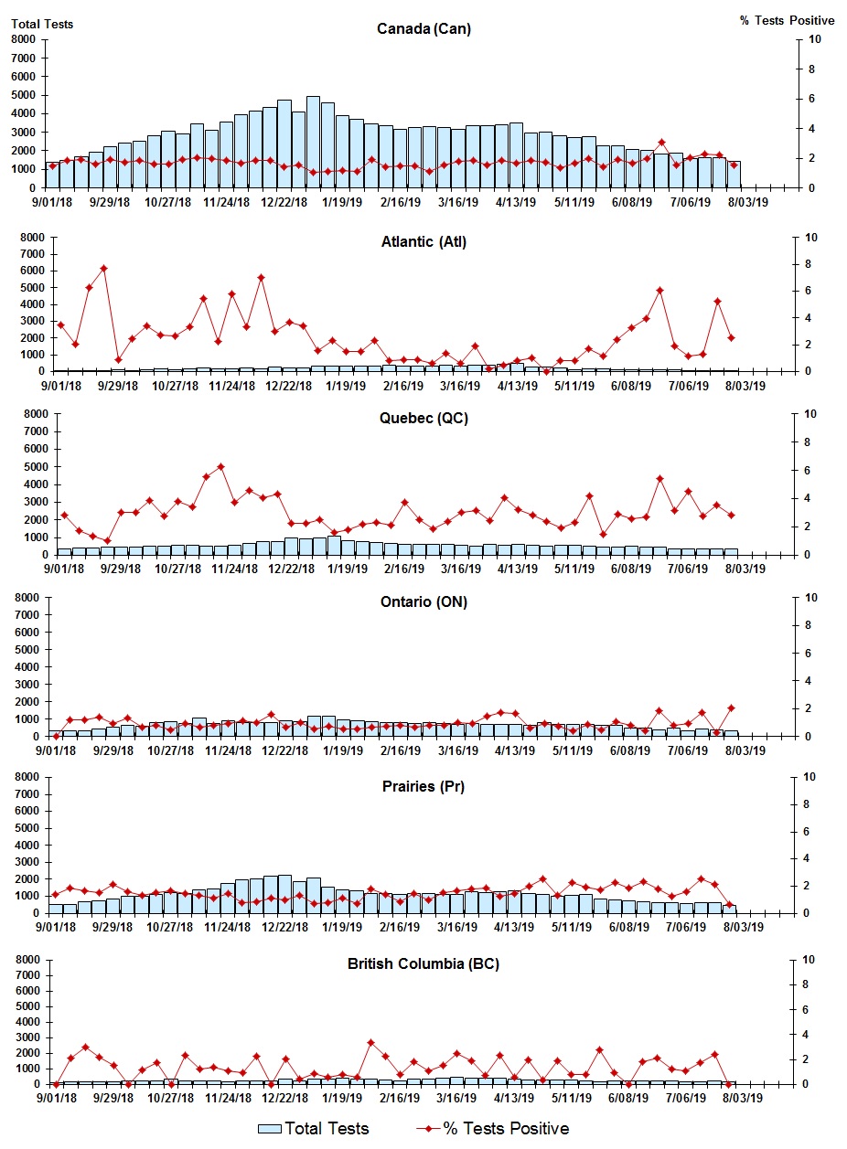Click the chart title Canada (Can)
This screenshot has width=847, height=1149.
tap(423, 28)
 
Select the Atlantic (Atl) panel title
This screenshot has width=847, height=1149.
tap(423, 242)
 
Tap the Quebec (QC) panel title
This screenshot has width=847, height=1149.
tap(423, 419)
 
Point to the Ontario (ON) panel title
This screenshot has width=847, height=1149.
tap(423, 602)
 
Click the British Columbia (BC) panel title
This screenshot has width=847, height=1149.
tap(423, 963)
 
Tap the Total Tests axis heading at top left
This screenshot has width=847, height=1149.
tap(42, 24)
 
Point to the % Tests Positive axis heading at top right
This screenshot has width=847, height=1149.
tap(787, 20)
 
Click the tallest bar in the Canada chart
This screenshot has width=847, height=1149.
tap(313, 142)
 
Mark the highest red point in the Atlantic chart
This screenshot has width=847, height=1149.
tap(103, 269)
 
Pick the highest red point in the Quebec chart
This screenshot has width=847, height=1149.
tap(220, 466)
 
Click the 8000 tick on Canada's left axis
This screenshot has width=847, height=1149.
tap(24, 39)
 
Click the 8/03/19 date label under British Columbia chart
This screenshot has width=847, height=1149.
tap(745, 1099)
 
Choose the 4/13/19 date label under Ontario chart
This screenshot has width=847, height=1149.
tap(515, 750)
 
